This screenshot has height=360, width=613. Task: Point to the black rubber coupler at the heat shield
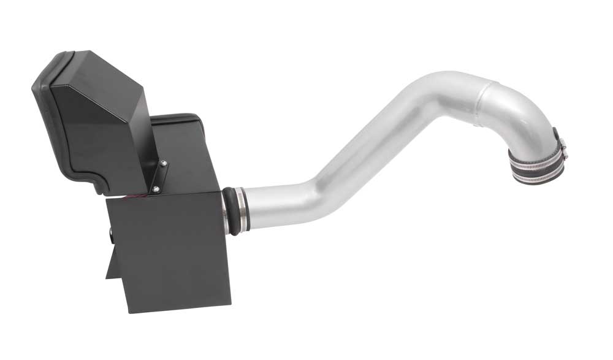(230, 210)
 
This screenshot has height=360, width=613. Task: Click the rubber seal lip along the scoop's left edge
(43, 123)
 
